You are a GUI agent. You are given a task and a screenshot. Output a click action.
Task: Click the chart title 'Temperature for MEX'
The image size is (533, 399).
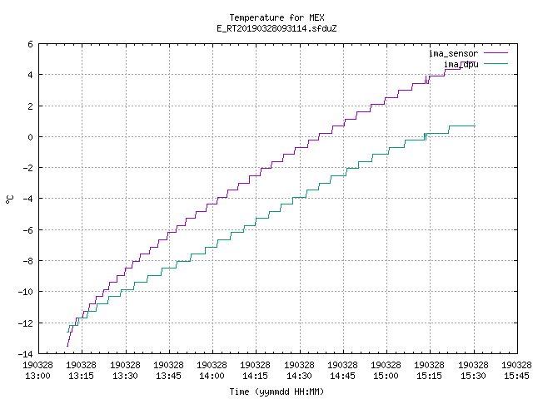click(x=276, y=17)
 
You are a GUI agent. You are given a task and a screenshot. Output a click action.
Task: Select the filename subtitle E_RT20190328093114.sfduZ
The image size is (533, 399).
click(x=276, y=28)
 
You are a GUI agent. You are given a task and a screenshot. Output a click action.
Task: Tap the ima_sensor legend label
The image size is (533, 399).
click(x=453, y=53)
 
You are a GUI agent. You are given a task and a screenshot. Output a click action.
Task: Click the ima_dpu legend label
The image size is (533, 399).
click(x=461, y=64)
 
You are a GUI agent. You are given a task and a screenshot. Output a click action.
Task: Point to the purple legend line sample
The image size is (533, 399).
click(x=496, y=53)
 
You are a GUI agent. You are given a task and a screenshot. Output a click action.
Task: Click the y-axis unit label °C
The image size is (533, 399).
click(x=9, y=199)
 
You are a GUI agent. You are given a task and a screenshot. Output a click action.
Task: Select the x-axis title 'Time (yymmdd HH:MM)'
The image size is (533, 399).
click(x=276, y=392)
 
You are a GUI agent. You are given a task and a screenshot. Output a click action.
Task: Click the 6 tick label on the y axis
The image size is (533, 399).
click(x=31, y=44)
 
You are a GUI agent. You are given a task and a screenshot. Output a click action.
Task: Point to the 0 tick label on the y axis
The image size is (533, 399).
click(x=31, y=137)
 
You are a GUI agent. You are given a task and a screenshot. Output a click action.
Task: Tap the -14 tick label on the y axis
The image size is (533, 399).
click(x=26, y=353)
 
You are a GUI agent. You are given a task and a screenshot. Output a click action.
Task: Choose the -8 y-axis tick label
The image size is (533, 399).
click(x=27, y=260)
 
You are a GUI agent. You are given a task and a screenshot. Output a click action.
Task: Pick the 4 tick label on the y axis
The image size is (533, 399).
click(x=31, y=75)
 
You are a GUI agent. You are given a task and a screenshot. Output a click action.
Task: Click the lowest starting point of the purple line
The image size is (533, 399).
click(x=67, y=346)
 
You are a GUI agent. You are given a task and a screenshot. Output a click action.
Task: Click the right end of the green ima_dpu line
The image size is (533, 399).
click(x=475, y=126)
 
